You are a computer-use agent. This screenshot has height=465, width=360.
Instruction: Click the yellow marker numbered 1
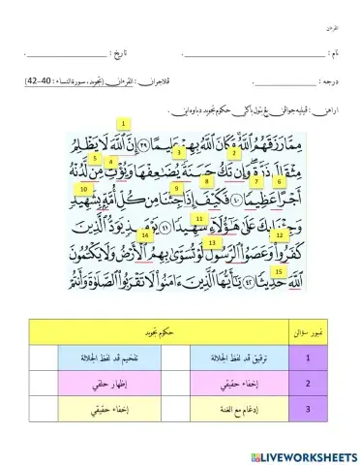(x=124, y=124)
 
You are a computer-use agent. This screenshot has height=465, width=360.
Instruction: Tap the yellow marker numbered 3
(x=180, y=153)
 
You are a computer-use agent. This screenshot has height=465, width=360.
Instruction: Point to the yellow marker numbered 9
(x=177, y=187)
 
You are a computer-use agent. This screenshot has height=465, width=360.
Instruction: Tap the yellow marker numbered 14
(x=145, y=235)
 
